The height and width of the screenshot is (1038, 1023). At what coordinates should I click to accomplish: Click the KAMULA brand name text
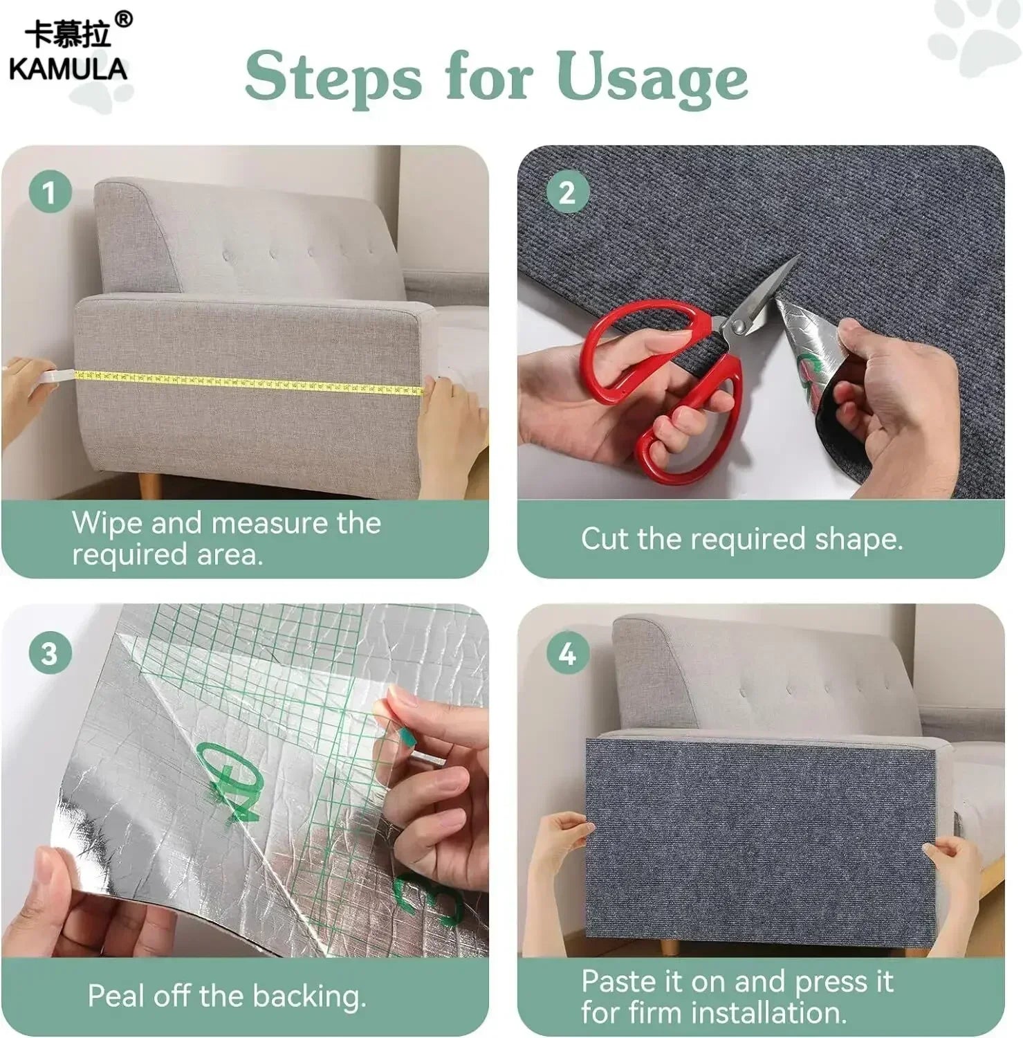(68, 69)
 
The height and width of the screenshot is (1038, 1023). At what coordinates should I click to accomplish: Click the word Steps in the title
(333, 78)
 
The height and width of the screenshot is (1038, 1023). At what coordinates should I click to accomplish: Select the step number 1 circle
(49, 192)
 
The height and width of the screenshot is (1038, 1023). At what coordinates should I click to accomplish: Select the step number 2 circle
(566, 192)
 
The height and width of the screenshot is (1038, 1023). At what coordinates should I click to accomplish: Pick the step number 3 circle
(49, 653)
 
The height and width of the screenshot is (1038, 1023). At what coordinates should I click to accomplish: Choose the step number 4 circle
(566, 653)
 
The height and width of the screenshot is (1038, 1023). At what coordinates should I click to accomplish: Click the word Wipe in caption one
(107, 523)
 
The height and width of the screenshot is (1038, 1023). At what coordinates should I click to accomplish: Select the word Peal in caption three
(116, 996)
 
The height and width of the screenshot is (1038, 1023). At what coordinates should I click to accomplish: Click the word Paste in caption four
(619, 981)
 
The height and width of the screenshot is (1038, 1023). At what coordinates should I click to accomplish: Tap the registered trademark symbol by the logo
(123, 19)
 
